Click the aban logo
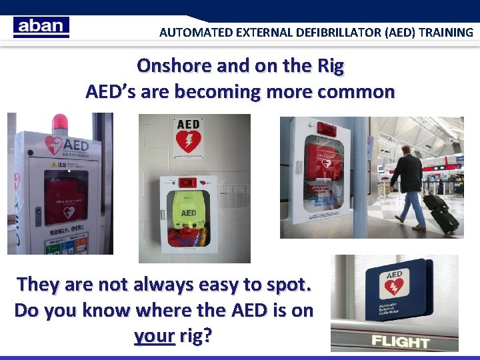(41, 27)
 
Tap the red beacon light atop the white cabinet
(60, 123)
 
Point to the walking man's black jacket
(408, 174)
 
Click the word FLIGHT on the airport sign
(401, 341)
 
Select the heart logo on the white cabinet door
(53, 145)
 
